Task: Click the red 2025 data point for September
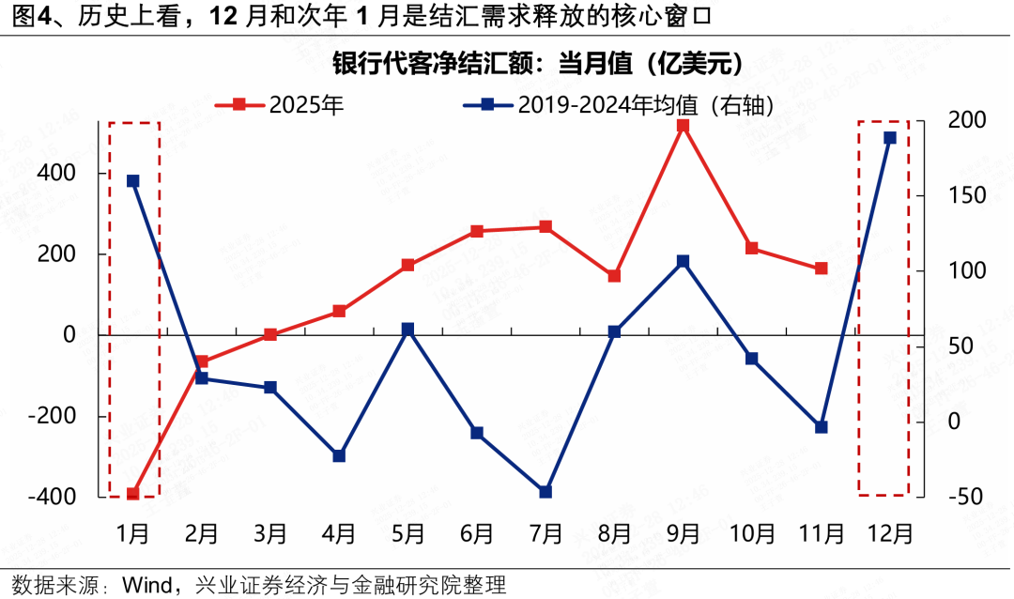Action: [x=684, y=125]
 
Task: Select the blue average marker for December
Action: [x=890, y=138]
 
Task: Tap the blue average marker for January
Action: [x=133, y=181]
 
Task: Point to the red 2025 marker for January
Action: [x=133, y=494]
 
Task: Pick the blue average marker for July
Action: [x=545, y=491]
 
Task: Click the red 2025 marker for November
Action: [x=822, y=269]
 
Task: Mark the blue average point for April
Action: [x=340, y=456]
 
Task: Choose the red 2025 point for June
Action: [x=477, y=231]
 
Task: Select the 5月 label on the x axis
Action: [x=408, y=533]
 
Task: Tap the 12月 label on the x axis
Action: [x=890, y=533]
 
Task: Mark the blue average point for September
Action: [x=684, y=261]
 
